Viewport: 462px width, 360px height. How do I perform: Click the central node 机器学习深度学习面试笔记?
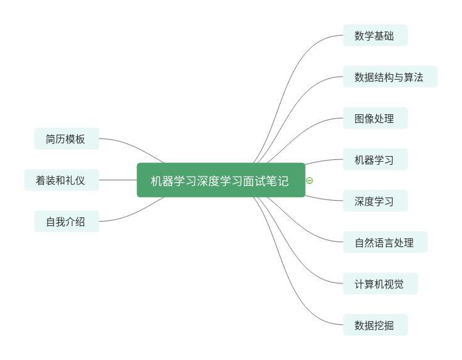pyautogui.click(x=220, y=180)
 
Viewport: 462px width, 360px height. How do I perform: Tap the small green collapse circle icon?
pyautogui.click(x=309, y=180)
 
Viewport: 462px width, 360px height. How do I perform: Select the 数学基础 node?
pyautogui.click(x=375, y=36)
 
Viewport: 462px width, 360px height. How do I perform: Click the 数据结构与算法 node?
pyautogui.click(x=390, y=77)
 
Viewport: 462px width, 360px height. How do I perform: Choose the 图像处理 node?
pyautogui.click(x=375, y=119)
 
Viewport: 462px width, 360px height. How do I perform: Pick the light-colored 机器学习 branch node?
pyautogui.click(x=375, y=160)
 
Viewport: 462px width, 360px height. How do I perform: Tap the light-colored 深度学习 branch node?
pyautogui.click(x=375, y=201)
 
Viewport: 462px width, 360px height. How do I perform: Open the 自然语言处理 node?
pyautogui.click(x=385, y=243)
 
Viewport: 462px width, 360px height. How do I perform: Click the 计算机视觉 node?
pyautogui.click(x=380, y=284)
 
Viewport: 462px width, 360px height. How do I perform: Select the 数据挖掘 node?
pyautogui.click(x=375, y=325)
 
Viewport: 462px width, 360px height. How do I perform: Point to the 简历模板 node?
pyautogui.click(x=66, y=139)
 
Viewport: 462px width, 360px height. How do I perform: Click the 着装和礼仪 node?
pyautogui.click(x=61, y=180)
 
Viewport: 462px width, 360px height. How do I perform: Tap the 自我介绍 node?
pyautogui.click(x=66, y=222)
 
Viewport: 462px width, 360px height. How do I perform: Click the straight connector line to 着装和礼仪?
pyautogui.click(x=117, y=180)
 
